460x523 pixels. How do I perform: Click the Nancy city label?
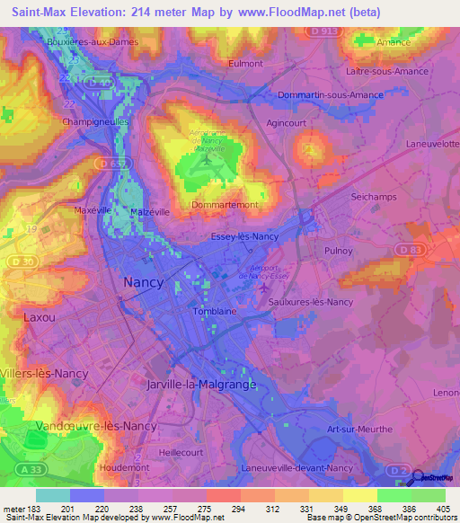point(143,282)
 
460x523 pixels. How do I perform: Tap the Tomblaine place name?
point(215,312)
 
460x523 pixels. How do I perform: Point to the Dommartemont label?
point(225,205)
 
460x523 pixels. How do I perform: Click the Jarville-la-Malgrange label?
point(200,384)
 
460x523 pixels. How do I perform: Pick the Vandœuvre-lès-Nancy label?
point(96,425)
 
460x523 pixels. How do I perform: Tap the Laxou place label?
point(39,317)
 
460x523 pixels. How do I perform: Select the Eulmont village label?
point(245,64)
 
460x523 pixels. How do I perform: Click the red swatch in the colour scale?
point(222,495)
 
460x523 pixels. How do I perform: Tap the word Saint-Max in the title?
point(46,12)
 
